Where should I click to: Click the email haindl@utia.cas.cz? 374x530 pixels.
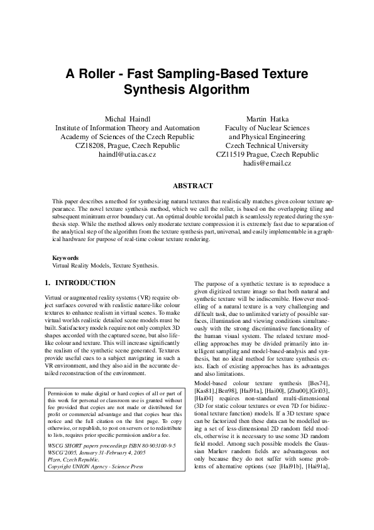click(x=127, y=154)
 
